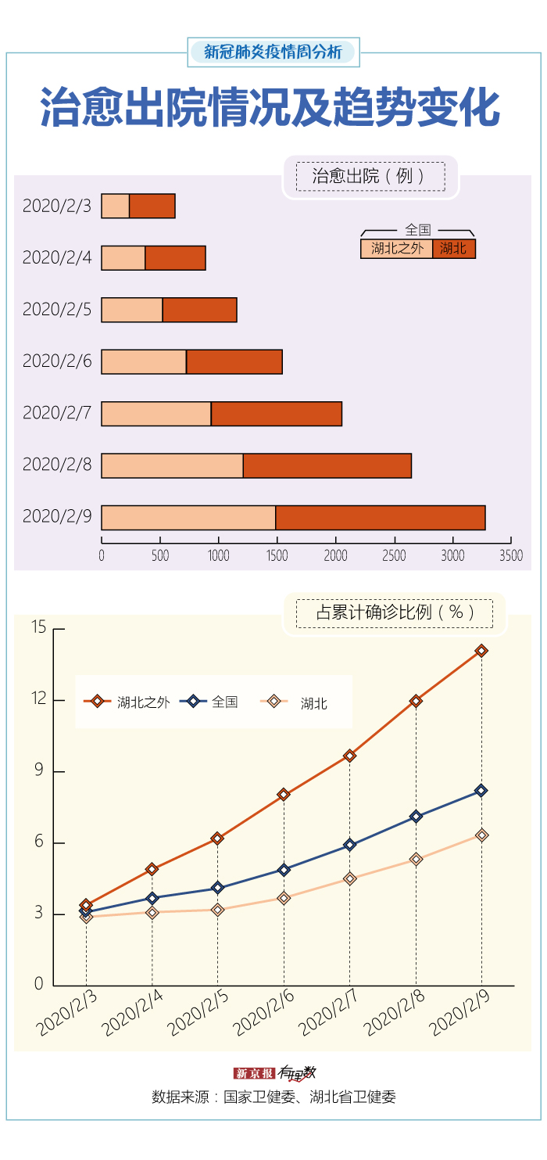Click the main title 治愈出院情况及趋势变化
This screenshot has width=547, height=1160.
(x=270, y=108)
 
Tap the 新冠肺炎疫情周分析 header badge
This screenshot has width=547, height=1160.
(x=273, y=52)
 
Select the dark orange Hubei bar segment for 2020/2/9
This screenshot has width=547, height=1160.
(x=380, y=518)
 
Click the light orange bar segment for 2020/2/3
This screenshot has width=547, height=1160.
(x=116, y=207)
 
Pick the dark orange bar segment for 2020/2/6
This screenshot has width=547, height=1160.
(x=234, y=362)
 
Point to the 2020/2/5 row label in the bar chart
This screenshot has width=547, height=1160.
(x=57, y=310)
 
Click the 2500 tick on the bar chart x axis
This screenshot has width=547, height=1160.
(x=394, y=555)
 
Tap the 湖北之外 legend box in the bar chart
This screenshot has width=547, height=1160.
(x=396, y=249)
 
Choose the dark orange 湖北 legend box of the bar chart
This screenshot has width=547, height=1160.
(x=453, y=249)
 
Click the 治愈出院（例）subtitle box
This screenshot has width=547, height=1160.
(x=370, y=177)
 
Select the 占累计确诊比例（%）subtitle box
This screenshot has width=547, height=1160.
(x=395, y=612)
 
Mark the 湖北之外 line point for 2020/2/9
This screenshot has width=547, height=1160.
(x=481, y=651)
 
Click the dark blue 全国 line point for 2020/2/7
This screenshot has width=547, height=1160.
(x=349, y=845)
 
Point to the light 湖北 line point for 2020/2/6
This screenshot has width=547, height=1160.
(x=284, y=898)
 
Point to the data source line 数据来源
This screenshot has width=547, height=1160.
(x=273, y=1097)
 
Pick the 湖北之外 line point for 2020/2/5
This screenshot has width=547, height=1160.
(x=217, y=839)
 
